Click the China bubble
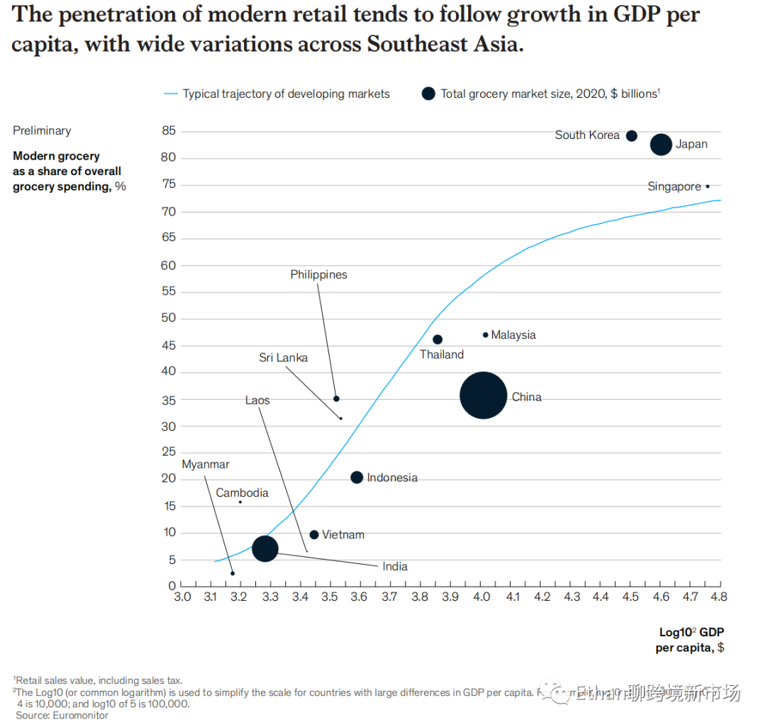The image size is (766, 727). tap(483, 395)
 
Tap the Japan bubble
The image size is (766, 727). tap(661, 145)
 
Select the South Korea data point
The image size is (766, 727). tap(631, 135)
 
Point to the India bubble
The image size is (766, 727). tap(265, 548)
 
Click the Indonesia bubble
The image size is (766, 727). tap(357, 478)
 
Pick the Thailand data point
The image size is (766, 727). tap(438, 339)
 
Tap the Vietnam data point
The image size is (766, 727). tap(314, 534)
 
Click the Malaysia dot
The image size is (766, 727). tap(485, 334)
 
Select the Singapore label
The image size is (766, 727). tap(674, 187)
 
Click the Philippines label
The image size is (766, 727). tap(318, 275)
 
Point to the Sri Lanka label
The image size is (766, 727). tap(283, 358)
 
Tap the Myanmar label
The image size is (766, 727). tap(206, 465)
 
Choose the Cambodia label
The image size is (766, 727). tap(242, 493)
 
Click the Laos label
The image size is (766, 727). tap(257, 400)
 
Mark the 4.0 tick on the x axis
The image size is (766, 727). tap(482, 597)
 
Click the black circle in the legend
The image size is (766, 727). tap(428, 94)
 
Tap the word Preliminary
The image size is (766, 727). tap(42, 130)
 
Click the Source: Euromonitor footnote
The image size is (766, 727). tap(62, 716)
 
